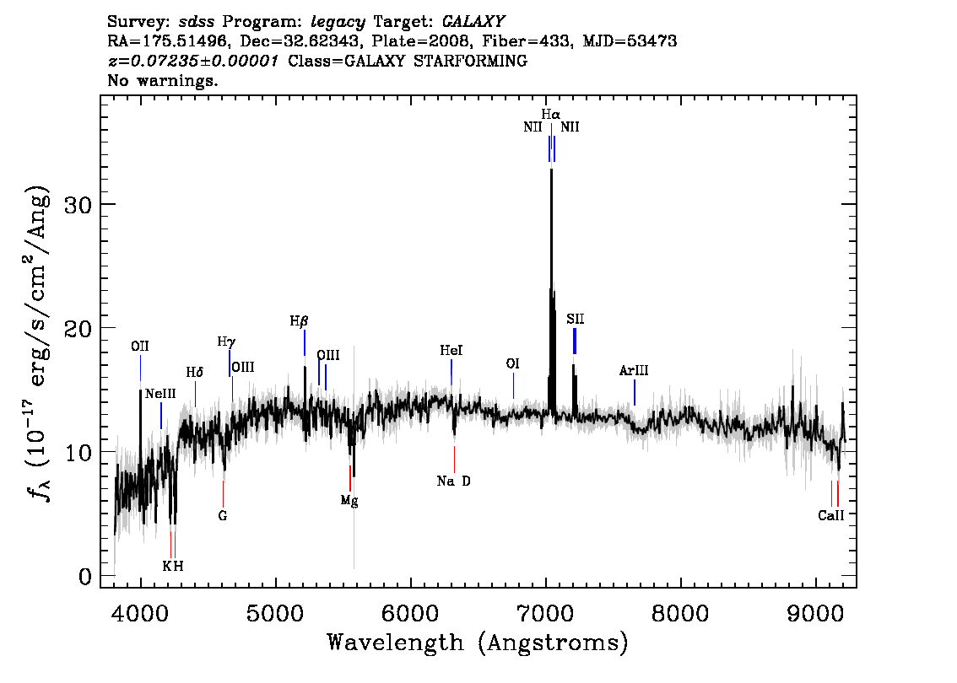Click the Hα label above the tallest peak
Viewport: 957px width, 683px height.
pos(550,114)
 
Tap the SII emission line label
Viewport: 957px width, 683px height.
pos(575,319)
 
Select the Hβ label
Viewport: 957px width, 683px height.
pos(299,320)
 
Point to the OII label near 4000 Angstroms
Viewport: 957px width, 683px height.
pos(140,347)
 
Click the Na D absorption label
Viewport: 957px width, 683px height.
pos(453,481)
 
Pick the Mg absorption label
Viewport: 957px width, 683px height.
pos(349,501)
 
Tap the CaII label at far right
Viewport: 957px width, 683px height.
pos(830,515)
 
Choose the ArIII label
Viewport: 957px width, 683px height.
pos(634,370)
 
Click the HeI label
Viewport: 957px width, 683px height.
pos(451,350)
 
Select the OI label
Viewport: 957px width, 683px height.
pos(513,363)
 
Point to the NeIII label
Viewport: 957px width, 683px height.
pos(160,393)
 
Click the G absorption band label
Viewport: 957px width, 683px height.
pos(223,516)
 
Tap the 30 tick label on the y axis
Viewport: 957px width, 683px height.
pos(78,204)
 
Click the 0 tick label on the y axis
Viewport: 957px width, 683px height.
pos(85,576)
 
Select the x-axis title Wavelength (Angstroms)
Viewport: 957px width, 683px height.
pos(478,643)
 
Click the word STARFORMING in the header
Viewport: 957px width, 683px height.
pos(471,61)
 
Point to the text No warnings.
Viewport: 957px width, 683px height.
pos(162,80)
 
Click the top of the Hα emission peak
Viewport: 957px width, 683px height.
pos(552,169)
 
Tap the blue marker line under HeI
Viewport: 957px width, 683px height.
pos(451,373)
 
